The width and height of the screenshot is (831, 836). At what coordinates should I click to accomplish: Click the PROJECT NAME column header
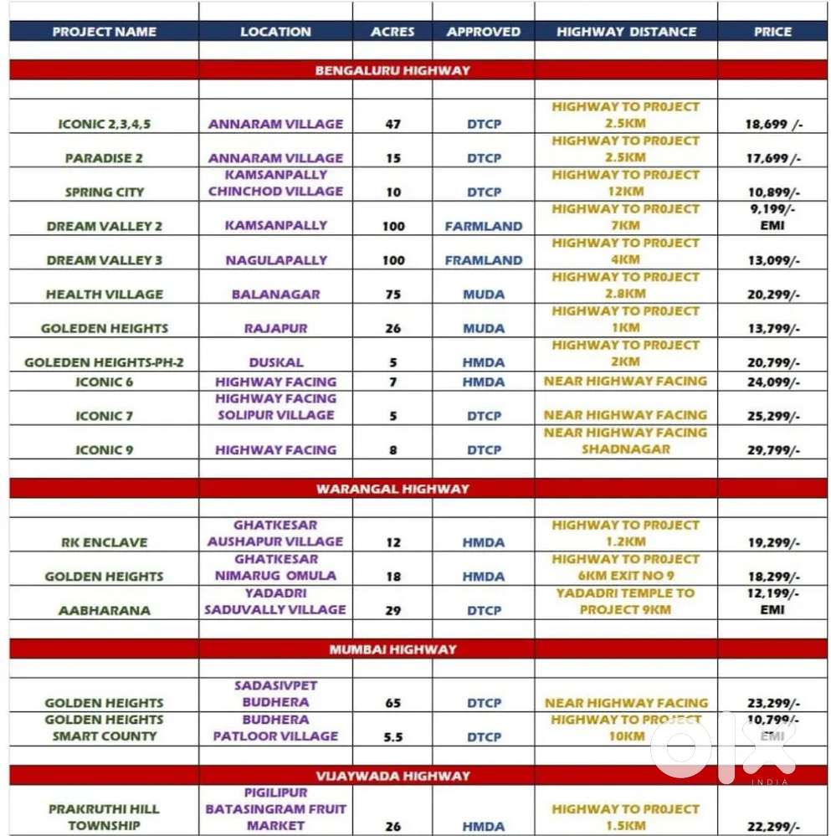pos(104,32)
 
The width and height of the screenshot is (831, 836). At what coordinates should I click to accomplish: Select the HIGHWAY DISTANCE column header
pos(626,32)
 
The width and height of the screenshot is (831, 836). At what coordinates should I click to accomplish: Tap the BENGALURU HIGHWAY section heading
pos(392,70)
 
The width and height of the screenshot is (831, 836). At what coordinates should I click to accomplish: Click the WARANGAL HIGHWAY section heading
pos(392,489)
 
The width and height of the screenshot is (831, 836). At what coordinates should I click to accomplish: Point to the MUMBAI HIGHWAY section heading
pos(392,649)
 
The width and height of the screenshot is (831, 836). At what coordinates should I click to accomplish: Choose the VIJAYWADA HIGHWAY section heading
pos(392,776)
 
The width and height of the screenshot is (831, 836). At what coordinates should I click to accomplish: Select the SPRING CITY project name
pos(105,192)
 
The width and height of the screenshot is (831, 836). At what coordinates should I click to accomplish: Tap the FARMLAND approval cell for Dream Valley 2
pos(484,226)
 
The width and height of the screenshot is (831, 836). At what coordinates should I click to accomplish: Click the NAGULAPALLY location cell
pos(276,260)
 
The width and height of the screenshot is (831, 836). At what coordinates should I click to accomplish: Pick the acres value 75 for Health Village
pos(392,295)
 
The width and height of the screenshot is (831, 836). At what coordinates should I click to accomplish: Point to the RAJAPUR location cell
pos(275,329)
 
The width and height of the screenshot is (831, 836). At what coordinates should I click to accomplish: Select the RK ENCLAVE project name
pos(104,542)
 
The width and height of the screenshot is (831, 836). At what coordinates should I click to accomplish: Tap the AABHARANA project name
pos(105,611)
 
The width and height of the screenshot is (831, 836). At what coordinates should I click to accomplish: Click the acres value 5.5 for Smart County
pos(392,737)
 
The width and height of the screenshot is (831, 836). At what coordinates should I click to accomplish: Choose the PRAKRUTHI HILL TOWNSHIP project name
pos(104,818)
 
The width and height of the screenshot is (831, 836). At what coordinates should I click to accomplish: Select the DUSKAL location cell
pos(275,362)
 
